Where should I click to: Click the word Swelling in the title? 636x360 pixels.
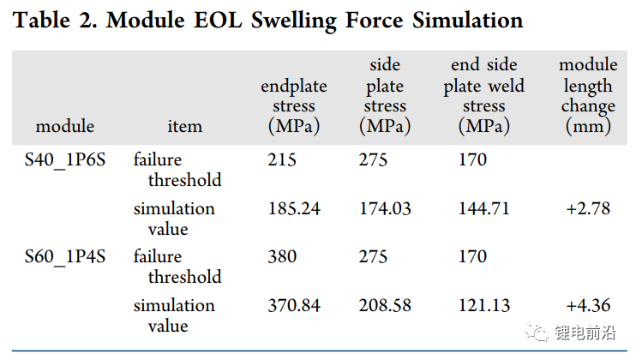point(294,21)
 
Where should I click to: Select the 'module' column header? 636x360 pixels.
point(65,126)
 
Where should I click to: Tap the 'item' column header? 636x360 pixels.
point(184,126)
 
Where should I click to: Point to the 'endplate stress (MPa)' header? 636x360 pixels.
point(294,105)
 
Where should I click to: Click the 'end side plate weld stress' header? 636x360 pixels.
point(484,96)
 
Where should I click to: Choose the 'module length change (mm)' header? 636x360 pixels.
point(588,96)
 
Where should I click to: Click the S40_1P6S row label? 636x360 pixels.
point(65,160)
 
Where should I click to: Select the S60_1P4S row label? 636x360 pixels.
point(65,257)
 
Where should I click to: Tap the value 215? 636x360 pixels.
point(282,159)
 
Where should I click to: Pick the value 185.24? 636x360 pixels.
point(294,209)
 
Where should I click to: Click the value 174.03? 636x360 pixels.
point(385,209)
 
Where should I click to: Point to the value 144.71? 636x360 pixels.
point(484,209)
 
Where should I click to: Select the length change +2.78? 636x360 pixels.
point(588,209)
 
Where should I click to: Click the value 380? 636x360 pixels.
point(282,256)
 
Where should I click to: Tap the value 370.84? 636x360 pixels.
point(294,306)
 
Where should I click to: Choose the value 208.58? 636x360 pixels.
point(385,306)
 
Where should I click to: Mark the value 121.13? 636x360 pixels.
point(484,306)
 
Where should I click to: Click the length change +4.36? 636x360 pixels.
point(588,306)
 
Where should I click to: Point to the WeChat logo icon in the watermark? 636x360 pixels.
point(537,332)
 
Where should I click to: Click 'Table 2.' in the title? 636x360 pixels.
point(55,21)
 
